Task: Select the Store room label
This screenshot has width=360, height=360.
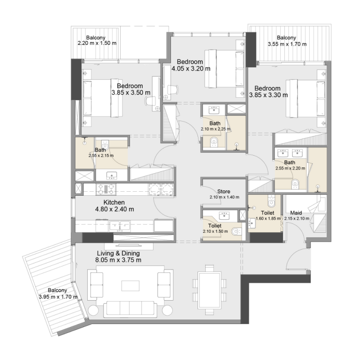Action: [224, 191]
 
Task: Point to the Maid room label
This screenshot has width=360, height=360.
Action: [296, 213]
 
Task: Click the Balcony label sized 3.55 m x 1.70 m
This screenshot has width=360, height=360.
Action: [287, 41]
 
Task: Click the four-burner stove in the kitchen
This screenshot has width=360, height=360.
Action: [109, 188]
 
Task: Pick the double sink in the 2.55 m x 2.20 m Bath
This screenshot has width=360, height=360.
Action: [291, 152]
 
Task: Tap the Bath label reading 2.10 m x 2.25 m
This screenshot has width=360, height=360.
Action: [215, 126]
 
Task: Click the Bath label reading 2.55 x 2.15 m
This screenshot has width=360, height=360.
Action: [100, 153]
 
